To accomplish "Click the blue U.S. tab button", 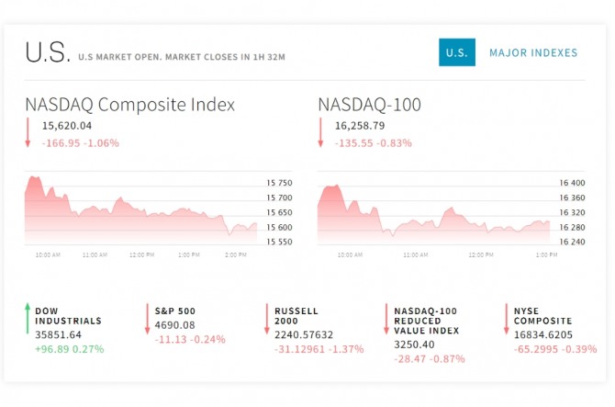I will click(x=455, y=53).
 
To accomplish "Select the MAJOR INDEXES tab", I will click(x=533, y=53).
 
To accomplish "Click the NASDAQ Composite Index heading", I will click(x=129, y=104).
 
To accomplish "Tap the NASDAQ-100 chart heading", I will click(x=369, y=104).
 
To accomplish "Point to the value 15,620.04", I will click(x=67, y=126).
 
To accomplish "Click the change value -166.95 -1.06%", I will click(x=80, y=142).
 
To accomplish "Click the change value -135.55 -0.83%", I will click(x=373, y=142).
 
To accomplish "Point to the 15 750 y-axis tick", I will click(x=278, y=183).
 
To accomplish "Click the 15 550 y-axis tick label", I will click(x=278, y=242).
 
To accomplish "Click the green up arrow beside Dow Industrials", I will click(x=28, y=317).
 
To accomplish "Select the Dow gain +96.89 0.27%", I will click(x=70, y=349).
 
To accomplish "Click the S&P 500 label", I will click(x=174, y=311).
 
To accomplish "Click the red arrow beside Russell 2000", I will click(x=266, y=318).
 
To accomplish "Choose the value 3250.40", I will click(x=415, y=344).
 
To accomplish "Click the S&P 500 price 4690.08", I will click(x=174, y=324).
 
